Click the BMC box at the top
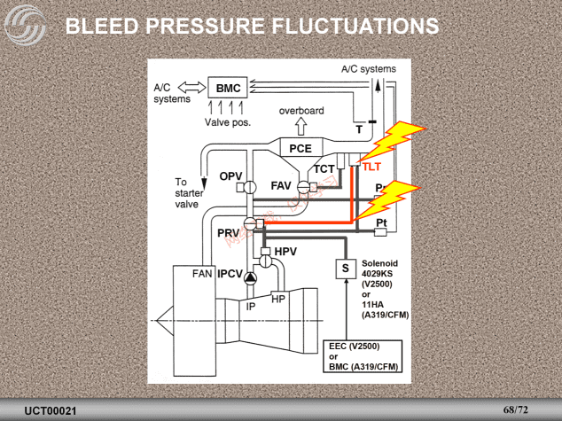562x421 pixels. coord(228,89)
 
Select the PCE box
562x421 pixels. coord(301,149)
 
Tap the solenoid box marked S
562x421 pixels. coord(345,268)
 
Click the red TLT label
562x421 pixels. coord(371,167)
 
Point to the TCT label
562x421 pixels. coord(324,168)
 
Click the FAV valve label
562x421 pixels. coord(281,186)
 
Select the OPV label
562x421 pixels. coord(230,177)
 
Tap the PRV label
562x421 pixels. coord(229,232)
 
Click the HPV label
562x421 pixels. coord(285,253)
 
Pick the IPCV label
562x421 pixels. coord(230,274)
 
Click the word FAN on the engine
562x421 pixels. coord(202,274)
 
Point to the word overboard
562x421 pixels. coord(301,111)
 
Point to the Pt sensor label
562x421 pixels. coord(381,222)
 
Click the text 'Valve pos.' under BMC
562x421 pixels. coord(228,121)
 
